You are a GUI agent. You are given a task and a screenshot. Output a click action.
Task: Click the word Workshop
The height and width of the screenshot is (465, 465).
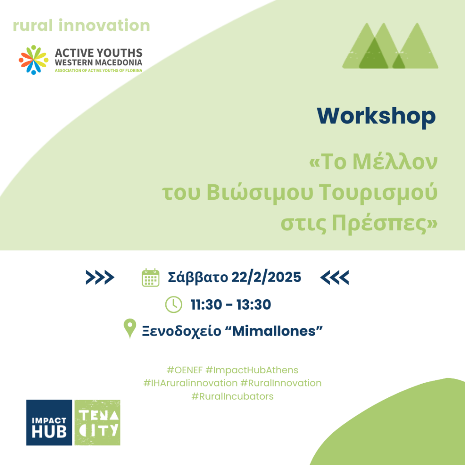pos(376,116)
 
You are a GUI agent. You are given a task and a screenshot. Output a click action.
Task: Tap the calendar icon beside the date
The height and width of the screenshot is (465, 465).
pos(151,278)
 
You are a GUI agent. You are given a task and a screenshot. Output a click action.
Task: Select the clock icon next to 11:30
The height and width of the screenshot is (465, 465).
pos(173,304)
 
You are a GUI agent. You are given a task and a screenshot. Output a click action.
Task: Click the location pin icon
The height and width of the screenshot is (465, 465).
pos(130,328)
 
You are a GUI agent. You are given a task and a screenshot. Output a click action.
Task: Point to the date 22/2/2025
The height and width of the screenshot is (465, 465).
pos(266,277)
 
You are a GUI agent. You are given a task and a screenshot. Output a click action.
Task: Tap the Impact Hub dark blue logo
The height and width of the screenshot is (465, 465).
pos(49,423)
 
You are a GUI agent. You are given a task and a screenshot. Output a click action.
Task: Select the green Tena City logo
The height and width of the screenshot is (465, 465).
pos(97,423)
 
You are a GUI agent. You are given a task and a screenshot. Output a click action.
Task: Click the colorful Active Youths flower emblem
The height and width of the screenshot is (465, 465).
pos(34,60)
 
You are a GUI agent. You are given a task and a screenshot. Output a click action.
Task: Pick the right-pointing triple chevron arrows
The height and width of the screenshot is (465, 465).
pos(100,277)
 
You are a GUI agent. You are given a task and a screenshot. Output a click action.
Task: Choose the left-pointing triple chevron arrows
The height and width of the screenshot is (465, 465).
pos(335,277)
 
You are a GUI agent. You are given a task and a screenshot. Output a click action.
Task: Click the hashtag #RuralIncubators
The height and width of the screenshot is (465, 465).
pos(232,396)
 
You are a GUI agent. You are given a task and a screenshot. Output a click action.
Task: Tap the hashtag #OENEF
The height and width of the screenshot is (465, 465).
pos(184,370)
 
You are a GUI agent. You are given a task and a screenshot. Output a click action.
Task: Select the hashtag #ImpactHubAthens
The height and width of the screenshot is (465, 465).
pos(252,370)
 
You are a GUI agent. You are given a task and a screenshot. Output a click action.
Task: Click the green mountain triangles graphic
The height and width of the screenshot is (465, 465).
pos(390,46)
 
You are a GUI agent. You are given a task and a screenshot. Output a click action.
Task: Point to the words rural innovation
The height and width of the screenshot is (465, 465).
pos(81,25)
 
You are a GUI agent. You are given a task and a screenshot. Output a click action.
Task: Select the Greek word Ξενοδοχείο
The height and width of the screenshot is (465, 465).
pos(182,331)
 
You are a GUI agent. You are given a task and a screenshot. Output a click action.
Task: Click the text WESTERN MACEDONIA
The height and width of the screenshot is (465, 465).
pos(99,63)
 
